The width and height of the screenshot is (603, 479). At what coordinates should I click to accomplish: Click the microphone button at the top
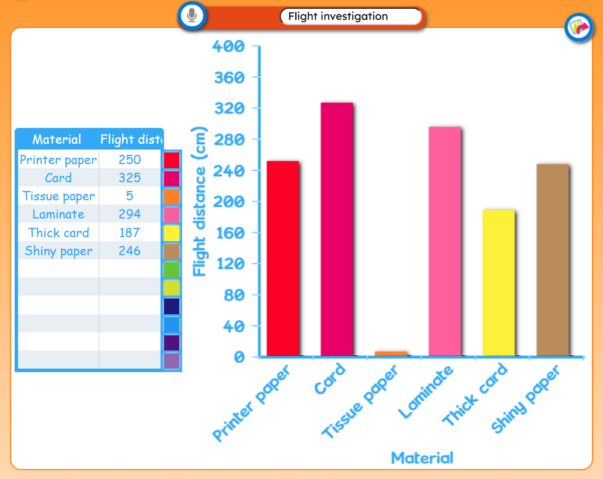tap(192, 16)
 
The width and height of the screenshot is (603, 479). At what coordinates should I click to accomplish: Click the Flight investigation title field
tap(350, 16)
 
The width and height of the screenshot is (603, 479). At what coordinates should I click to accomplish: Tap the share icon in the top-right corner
tap(578, 27)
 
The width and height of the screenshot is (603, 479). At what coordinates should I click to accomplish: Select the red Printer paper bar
tap(283, 258)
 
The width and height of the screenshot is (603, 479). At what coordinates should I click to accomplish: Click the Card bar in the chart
tap(336, 230)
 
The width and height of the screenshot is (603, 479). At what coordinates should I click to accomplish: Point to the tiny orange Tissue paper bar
tap(391, 353)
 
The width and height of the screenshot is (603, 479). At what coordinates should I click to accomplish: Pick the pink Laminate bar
tap(445, 241)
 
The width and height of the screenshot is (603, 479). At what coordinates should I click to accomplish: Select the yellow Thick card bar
tap(499, 283)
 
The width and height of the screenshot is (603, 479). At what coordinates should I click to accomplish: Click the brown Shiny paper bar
tap(553, 260)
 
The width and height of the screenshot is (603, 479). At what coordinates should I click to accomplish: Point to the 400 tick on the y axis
tap(228, 46)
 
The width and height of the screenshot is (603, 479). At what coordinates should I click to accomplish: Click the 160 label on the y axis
tap(230, 232)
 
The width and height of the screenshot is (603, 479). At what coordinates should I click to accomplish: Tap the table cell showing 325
tap(130, 178)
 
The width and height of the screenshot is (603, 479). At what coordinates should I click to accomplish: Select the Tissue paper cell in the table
tap(58, 196)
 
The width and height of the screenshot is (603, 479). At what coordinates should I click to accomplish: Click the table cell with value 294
tap(130, 214)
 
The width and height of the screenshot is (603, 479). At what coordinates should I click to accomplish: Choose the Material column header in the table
tap(57, 139)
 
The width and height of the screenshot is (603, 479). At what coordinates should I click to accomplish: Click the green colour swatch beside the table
tap(172, 270)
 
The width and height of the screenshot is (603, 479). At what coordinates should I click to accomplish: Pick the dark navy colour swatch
tap(172, 306)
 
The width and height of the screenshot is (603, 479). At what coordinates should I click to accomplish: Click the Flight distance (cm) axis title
tap(199, 201)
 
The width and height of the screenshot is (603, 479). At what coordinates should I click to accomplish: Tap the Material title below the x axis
tap(422, 458)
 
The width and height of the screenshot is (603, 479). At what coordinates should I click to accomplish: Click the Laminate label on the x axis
tap(426, 391)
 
